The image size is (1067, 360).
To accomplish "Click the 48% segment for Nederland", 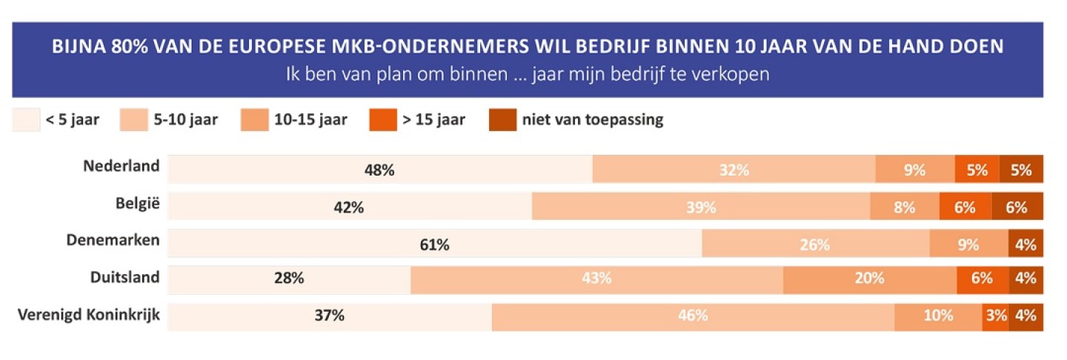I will [x=379, y=170].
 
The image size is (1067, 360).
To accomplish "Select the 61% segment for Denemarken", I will [x=434, y=244].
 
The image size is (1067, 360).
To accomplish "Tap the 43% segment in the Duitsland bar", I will [x=596, y=279].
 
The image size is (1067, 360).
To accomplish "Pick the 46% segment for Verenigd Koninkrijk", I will [x=693, y=316].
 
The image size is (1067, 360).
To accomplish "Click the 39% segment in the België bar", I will [x=701, y=207].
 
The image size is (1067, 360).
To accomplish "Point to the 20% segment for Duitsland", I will [x=869, y=279].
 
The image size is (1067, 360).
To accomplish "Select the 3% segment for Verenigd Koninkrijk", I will [x=995, y=316].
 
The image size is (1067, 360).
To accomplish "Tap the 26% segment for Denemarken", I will [x=815, y=244].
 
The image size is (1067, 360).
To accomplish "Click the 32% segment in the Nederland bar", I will [x=734, y=170].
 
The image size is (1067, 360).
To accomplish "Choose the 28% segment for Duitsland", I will [x=289, y=279].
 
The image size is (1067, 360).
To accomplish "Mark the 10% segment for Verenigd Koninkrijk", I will [x=938, y=316].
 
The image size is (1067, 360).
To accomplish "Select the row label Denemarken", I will [x=113, y=240].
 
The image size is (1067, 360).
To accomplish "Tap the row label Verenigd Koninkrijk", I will [x=88, y=316].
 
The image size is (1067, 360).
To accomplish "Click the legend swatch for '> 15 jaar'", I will [x=382, y=120].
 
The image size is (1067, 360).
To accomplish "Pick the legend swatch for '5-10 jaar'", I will [x=133, y=120].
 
